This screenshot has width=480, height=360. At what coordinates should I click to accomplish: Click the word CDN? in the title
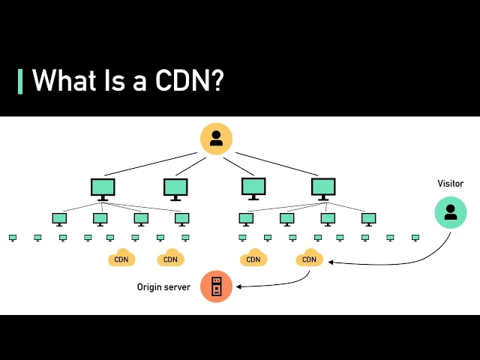coord(190,80)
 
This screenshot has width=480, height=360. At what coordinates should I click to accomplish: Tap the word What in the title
coord(63,80)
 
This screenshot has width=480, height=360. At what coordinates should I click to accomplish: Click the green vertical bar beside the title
coord(20,82)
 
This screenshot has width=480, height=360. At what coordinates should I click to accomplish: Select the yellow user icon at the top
coord(216,139)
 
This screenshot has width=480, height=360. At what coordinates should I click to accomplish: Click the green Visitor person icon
coord(451,212)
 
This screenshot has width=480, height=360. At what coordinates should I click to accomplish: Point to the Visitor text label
coord(450,183)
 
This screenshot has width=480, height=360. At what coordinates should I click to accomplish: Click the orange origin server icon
coord(216,286)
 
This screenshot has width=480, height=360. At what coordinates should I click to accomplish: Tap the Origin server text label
coord(163,287)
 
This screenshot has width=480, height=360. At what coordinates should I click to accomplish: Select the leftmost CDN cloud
coord(121,257)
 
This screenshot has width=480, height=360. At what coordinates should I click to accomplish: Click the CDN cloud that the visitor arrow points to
coord(309,257)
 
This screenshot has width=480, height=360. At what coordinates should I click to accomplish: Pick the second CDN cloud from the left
coord(170,257)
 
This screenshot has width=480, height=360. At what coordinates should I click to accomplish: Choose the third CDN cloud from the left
coord(253,257)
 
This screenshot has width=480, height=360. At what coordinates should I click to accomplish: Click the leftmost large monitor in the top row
coord(103,190)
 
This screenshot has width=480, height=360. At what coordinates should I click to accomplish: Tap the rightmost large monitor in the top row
coord(323,189)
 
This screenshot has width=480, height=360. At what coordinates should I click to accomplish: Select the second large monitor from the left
coord(175,190)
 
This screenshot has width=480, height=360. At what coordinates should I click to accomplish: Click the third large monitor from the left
coord(253,189)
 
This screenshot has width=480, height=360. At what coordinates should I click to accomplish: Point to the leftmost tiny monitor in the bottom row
coord(13,238)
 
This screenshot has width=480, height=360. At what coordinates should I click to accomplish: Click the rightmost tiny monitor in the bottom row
coord(415,238)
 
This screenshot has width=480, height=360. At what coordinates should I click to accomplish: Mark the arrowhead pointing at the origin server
coord(238,286)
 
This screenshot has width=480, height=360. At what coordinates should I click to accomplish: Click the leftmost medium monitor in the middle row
coord(59,220)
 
